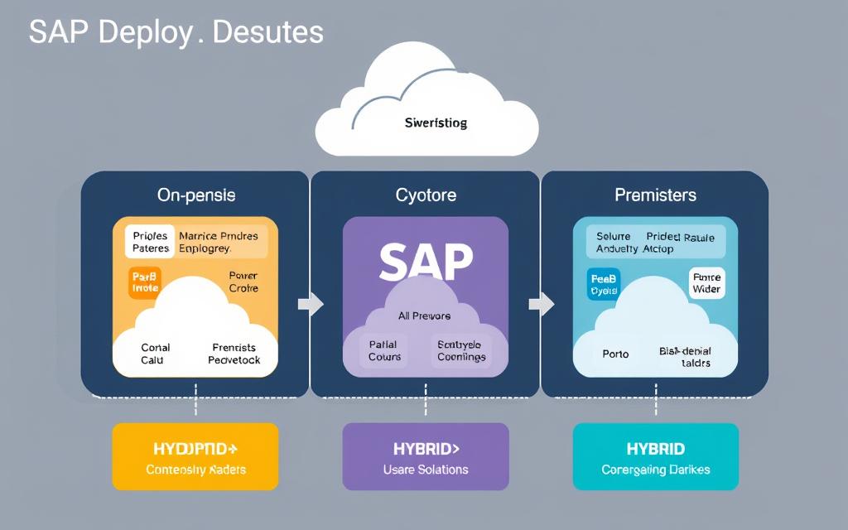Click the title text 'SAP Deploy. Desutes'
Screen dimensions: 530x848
(176, 31)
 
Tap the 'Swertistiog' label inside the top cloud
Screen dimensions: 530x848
(436, 123)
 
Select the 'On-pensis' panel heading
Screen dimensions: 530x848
(196, 195)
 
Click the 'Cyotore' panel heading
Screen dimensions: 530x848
(426, 195)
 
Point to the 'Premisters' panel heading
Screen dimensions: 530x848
(655, 195)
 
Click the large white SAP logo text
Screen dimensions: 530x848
(426, 263)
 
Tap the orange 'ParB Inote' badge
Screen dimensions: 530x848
(145, 282)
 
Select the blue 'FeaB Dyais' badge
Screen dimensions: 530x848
(604, 283)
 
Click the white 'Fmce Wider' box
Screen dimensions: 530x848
(706, 283)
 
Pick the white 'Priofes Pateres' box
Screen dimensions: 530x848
(151, 242)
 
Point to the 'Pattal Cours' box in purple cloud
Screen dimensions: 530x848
(384, 350)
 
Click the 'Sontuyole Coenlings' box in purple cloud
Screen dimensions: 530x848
(461, 350)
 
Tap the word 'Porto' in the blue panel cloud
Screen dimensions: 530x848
(615, 354)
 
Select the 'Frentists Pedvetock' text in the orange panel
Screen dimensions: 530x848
(234, 354)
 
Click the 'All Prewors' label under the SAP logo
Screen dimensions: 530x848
(426, 316)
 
